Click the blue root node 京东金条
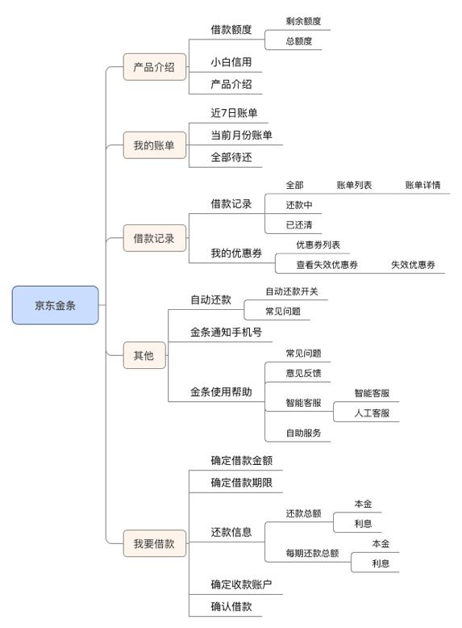tap(55, 305)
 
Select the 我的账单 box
tap(154, 145)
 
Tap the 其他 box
tap(144, 355)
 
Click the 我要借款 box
tap(154, 543)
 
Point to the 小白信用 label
tap(231, 62)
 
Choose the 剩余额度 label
tap(303, 21)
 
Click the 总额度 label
tap(299, 41)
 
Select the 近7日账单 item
tap(234, 113)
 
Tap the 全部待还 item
tap(231, 157)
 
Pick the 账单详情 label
tap(422, 185)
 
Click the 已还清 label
tap(299, 225)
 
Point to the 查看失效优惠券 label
tap(327, 265)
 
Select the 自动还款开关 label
tap(292, 291)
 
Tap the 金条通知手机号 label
tap(226, 332)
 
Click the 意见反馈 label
tap(303, 373)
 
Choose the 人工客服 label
tap(372, 413)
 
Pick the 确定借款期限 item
tap(242, 483)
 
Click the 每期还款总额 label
tap(312, 553)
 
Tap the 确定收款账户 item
tap(242, 584)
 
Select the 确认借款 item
tap(231, 607)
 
